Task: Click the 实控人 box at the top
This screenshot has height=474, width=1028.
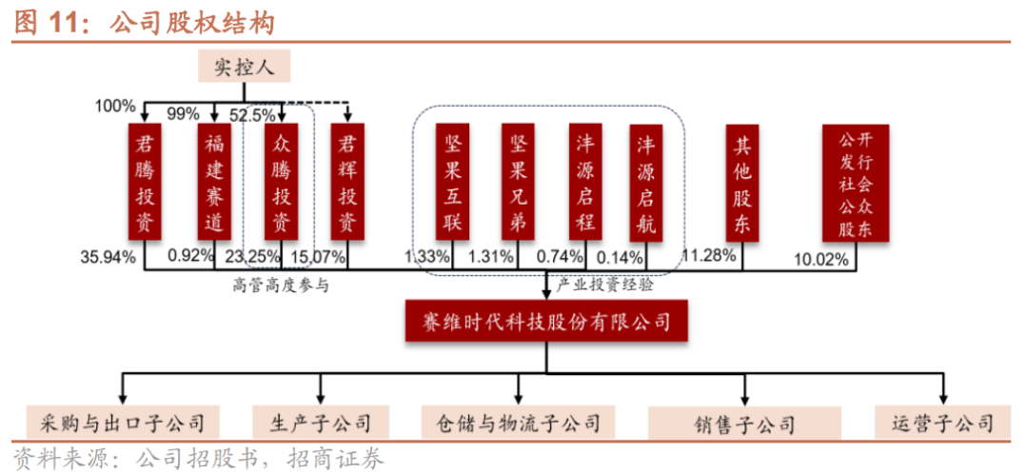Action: [x=243, y=68]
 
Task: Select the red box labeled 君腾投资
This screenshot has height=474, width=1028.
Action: [x=146, y=182]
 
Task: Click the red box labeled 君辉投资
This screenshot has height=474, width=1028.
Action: [x=348, y=182]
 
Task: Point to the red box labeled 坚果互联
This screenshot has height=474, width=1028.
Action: [x=452, y=182]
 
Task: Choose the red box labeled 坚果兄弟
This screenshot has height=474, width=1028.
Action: [x=519, y=182]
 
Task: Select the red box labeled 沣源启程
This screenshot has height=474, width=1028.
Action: [x=584, y=182]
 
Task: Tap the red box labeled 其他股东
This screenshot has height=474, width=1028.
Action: [x=742, y=182]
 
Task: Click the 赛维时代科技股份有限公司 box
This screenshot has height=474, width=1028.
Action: [x=545, y=321]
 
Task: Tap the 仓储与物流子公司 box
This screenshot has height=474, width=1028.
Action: [x=518, y=422]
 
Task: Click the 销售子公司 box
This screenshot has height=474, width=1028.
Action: [x=744, y=423]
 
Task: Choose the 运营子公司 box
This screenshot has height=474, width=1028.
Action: [x=942, y=422]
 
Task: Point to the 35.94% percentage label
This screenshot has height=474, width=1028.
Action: [x=109, y=256]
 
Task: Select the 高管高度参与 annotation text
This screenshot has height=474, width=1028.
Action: [x=281, y=284]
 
